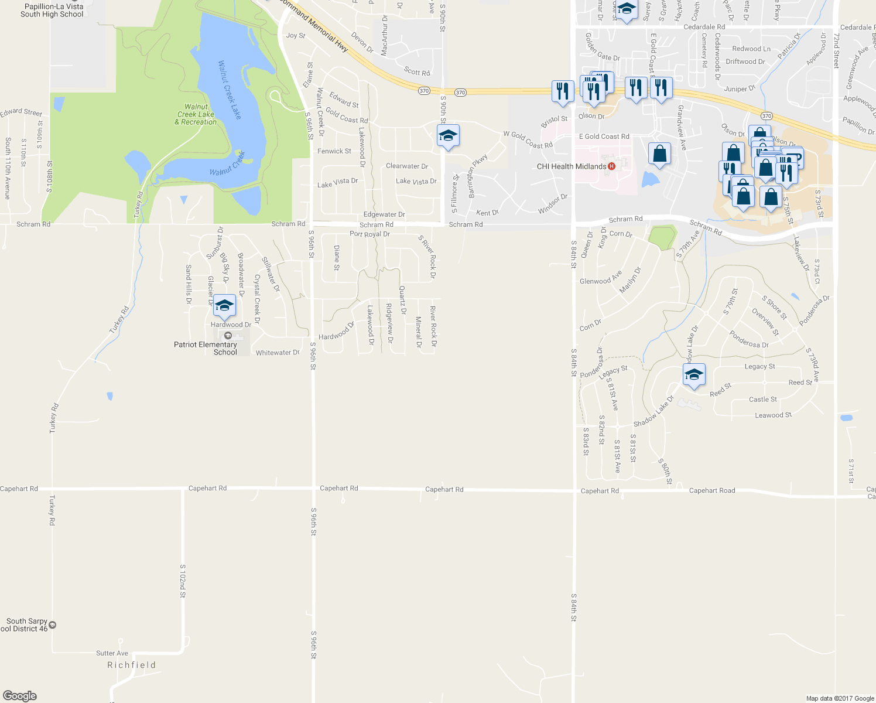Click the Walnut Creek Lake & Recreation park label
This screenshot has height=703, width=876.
pyautogui.click(x=196, y=115)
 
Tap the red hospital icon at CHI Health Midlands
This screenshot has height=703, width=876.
pyautogui.click(x=611, y=166)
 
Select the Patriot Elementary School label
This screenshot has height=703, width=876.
pyautogui.click(x=206, y=348)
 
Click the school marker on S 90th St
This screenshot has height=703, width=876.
pyautogui.click(x=448, y=136)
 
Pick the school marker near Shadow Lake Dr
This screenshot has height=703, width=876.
pyautogui.click(x=694, y=375)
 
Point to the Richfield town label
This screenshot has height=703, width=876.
pyautogui.click(x=132, y=665)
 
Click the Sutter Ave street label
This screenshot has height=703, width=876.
pyautogui.click(x=112, y=653)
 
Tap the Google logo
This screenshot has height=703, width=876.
pyautogui.click(x=20, y=696)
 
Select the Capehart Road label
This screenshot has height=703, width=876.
pyautogui.click(x=712, y=490)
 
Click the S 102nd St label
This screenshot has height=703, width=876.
pyautogui.click(x=182, y=581)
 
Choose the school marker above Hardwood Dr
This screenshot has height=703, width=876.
pyautogui.click(x=224, y=306)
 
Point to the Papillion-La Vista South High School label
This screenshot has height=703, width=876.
pyautogui.click(x=53, y=10)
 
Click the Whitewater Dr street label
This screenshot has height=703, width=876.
pyautogui.click(x=278, y=353)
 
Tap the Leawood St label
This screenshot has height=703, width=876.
pyautogui.click(x=773, y=415)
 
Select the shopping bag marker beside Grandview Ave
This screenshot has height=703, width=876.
pyautogui.click(x=660, y=153)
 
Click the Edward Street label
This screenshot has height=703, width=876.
pyautogui.click(x=21, y=112)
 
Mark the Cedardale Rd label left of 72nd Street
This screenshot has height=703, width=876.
pyautogui.click(x=704, y=27)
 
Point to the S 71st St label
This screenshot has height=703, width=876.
pyautogui.click(x=851, y=472)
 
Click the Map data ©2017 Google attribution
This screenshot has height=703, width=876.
pyautogui.click(x=840, y=698)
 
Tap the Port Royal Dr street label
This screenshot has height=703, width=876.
pyautogui.click(x=369, y=234)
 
